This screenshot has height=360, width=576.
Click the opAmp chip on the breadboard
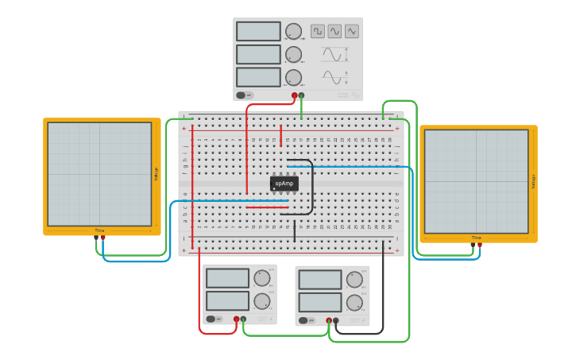(x=284, y=184)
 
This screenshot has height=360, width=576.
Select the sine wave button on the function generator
(x=334, y=31)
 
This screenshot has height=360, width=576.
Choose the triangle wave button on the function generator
(x=351, y=31)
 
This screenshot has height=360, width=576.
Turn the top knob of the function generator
(x=293, y=31)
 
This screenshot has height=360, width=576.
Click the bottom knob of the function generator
(x=293, y=77)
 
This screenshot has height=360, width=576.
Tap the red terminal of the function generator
(x=294, y=95)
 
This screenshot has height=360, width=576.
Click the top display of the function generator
(x=258, y=31)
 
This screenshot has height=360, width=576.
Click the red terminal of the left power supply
(x=236, y=319)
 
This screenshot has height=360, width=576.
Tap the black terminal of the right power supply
(x=336, y=321)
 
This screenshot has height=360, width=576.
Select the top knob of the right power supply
(x=354, y=280)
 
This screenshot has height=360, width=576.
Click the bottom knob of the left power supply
(x=261, y=301)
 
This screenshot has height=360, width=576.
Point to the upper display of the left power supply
(x=228, y=277)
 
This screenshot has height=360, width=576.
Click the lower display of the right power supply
(x=320, y=303)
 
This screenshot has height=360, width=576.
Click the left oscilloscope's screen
(x=99, y=174)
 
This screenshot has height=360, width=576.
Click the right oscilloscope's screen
(x=476, y=181)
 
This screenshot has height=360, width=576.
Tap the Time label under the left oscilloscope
(x=99, y=230)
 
